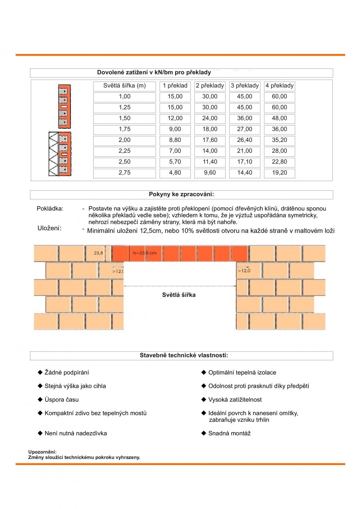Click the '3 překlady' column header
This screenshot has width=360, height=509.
pos(244,86)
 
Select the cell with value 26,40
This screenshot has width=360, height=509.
pos(244,140)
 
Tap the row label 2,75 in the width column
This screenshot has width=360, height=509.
pos(124,173)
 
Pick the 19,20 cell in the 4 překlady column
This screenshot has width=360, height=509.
pos(279,173)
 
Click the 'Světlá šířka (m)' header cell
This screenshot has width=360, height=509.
pos(124,86)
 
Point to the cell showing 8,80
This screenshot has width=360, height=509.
pos(175,140)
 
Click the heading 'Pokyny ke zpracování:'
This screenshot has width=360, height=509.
pos(181,194)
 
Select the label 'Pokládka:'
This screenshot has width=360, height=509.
pos(50,209)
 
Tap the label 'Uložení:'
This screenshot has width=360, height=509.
pos(49,228)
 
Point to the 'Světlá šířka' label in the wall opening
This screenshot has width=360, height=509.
pos(179,295)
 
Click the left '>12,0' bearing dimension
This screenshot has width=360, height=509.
pos(118,271)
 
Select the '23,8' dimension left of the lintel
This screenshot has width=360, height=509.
pos(98,253)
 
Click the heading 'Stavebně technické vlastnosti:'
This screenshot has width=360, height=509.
pos(184,355)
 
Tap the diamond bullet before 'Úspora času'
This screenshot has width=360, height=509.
pos(40,399)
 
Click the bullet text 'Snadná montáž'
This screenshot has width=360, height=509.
pos(229,433)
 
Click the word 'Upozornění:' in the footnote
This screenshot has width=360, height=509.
pos(42,452)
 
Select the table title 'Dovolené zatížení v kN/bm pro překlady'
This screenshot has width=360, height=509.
pos(154,72)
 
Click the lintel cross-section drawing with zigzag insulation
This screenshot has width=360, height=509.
pos(60,154)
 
